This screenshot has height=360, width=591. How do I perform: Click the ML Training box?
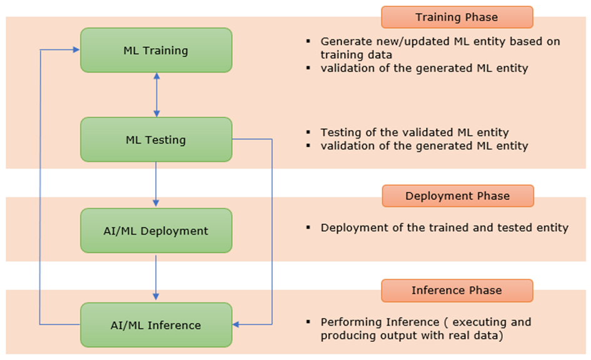156,50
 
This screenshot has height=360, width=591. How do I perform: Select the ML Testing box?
156,140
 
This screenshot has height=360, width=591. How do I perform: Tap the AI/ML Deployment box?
156,231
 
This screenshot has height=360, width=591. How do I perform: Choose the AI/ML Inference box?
156,324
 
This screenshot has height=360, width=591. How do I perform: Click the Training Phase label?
457,17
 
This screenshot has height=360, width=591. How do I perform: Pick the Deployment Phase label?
458,196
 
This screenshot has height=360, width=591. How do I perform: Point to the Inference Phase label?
457,291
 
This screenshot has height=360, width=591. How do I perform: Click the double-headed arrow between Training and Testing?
157,95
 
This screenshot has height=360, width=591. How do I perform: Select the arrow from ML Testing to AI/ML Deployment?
156,184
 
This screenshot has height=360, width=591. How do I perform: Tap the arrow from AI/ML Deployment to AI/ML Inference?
156,278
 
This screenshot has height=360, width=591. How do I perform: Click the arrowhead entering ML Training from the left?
76,50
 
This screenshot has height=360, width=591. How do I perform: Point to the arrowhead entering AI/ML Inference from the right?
236,324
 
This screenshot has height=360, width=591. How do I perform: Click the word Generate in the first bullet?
343,41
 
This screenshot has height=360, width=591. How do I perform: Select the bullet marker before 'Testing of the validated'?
308,132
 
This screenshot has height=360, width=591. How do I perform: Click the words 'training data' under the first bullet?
356,55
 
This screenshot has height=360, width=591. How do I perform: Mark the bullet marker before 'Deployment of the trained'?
308,227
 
